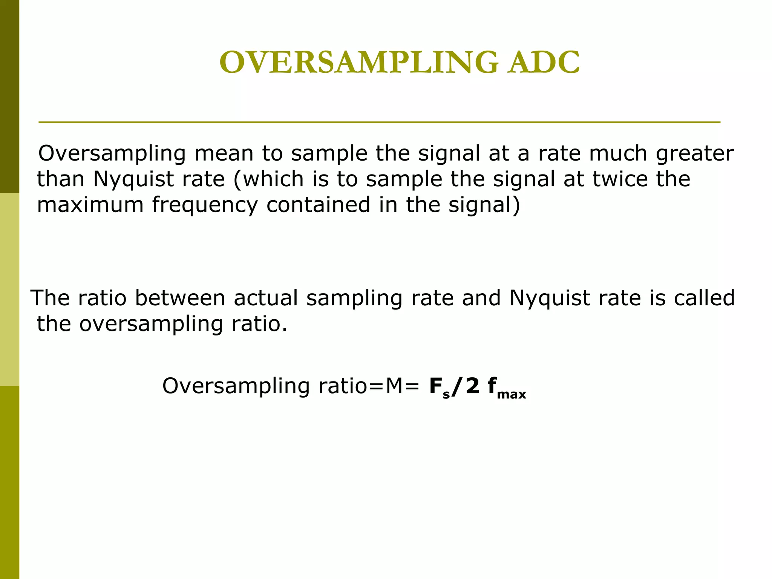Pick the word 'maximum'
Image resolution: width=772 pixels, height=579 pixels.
[90, 205]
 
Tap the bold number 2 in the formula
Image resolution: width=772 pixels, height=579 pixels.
[473, 386]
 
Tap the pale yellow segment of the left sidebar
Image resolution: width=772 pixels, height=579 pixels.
[9, 289]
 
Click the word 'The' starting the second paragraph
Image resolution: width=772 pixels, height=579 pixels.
[50, 298]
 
